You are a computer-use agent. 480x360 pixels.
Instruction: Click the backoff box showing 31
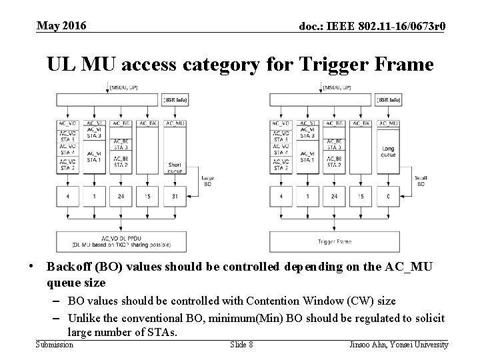[x=175, y=197]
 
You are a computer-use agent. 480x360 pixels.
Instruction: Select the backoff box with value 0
[x=388, y=197]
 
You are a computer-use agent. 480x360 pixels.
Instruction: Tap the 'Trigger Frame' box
[x=335, y=241]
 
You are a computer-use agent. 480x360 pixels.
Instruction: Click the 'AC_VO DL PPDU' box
[x=122, y=241]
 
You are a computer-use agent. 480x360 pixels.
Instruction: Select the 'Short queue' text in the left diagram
[x=175, y=167]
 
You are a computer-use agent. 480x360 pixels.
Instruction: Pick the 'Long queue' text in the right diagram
[x=388, y=152]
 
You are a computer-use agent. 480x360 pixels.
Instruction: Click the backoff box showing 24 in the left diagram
[x=121, y=197]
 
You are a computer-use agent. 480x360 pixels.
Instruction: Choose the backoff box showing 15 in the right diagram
[x=361, y=197]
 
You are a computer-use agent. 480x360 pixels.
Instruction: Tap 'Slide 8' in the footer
[x=241, y=344]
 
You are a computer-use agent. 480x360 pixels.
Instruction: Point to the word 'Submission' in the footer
[x=54, y=344]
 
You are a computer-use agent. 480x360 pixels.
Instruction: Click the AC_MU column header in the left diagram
[x=175, y=123]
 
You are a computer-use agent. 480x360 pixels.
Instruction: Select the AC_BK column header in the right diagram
[x=361, y=123]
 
